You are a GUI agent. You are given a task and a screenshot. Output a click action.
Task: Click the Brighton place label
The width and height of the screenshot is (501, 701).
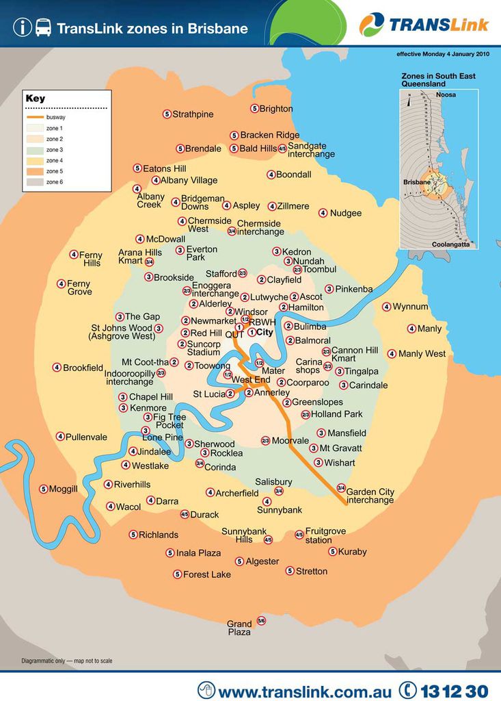click(276, 109)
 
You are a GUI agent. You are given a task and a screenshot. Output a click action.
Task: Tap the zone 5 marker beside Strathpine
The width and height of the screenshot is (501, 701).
click(167, 114)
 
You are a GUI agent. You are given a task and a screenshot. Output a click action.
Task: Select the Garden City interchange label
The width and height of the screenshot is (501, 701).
click(370, 496)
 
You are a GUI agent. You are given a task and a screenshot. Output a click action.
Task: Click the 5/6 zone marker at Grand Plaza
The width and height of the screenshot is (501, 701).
click(261, 621)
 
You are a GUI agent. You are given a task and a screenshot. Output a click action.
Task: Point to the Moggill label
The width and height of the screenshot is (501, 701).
click(64, 489)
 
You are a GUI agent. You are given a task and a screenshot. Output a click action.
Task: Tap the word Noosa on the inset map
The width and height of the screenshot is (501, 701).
click(446, 95)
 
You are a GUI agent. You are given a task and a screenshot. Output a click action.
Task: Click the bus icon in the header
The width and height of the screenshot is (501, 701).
click(43, 28)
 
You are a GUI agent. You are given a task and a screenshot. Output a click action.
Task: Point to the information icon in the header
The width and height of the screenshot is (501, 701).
click(22, 28)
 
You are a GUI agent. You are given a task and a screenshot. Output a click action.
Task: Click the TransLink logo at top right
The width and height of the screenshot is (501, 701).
click(424, 25)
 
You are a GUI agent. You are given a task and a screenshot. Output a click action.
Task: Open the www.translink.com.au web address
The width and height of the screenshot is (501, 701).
click(305, 691)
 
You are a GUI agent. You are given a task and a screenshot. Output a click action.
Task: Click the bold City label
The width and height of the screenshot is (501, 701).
click(264, 332)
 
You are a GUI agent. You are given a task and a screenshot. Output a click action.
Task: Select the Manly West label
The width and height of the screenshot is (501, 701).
click(422, 354)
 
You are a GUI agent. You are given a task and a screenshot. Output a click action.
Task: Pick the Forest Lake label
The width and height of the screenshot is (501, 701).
click(207, 574)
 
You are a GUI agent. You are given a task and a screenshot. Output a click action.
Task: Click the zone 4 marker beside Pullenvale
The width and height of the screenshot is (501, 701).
click(60, 437)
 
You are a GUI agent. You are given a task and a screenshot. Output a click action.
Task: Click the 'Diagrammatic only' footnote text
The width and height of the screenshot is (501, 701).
click(67, 661)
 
